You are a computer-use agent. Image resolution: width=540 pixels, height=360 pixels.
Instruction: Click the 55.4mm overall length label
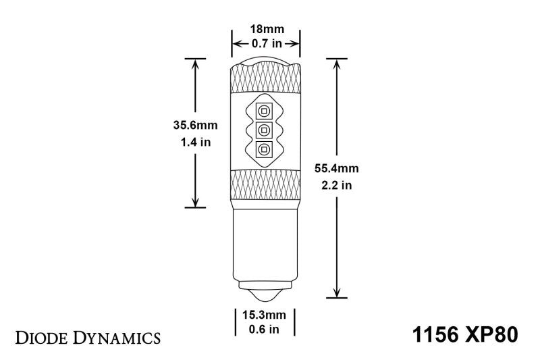335,168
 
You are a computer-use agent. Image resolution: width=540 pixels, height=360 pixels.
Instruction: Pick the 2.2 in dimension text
335,185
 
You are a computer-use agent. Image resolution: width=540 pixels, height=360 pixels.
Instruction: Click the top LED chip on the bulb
264,109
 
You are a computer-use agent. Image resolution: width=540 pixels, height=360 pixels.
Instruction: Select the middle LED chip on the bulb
264,129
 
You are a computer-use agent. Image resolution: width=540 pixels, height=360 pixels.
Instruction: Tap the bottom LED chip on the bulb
264,149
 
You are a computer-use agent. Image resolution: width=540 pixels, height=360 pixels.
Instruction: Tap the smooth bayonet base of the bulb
264,243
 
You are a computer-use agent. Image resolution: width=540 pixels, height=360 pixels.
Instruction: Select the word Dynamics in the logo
115,336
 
